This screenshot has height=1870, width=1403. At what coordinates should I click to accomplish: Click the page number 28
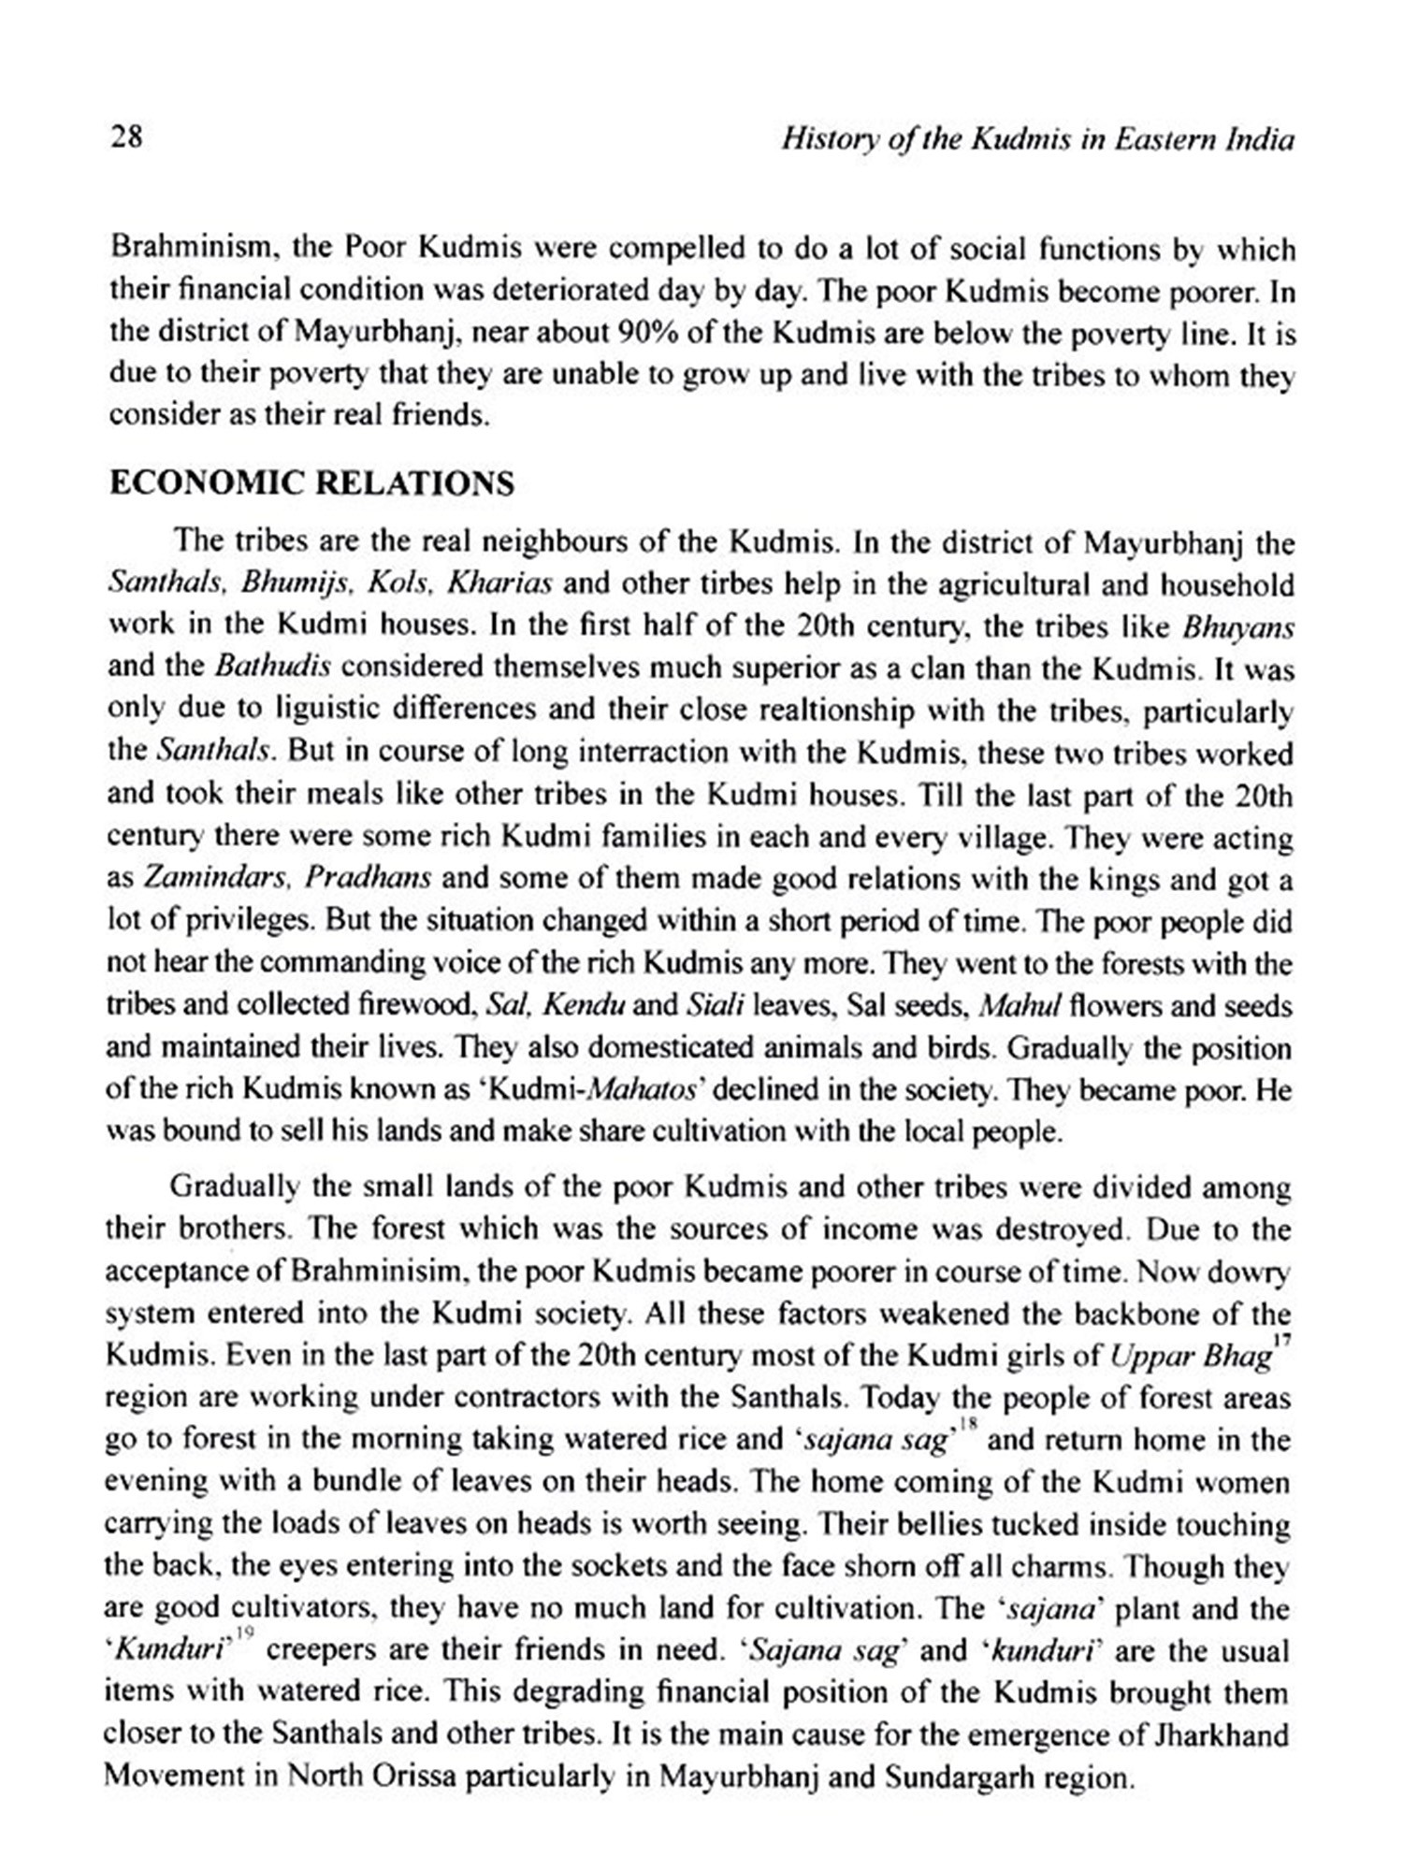click(x=125, y=138)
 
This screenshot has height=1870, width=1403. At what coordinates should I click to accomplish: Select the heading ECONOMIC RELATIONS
click(x=311, y=483)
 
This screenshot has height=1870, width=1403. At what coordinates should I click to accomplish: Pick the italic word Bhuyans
click(x=1237, y=626)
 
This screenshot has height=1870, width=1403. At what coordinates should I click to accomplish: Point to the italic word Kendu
click(x=584, y=1006)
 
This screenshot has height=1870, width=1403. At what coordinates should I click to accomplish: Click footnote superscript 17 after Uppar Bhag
click(x=1283, y=1341)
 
